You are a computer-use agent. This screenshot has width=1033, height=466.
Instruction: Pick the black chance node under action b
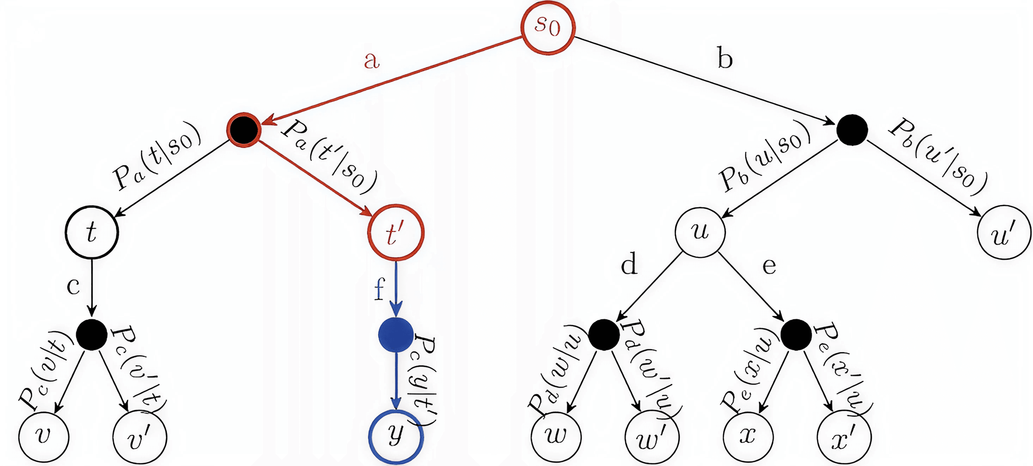click(x=852, y=130)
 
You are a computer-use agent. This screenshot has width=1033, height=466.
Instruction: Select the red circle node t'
click(x=395, y=233)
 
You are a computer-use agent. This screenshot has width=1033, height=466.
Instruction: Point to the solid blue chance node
click(x=396, y=335)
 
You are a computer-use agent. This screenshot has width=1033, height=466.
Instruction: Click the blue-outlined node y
click(x=396, y=436)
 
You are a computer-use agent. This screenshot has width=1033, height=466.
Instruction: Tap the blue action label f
click(x=379, y=289)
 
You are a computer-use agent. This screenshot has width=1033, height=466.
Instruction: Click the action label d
click(x=629, y=264)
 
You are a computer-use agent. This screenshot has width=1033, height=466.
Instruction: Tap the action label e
click(x=769, y=266)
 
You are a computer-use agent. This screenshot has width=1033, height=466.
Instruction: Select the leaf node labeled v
click(x=44, y=436)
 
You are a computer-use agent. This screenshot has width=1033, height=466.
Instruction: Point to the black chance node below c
click(x=92, y=335)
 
